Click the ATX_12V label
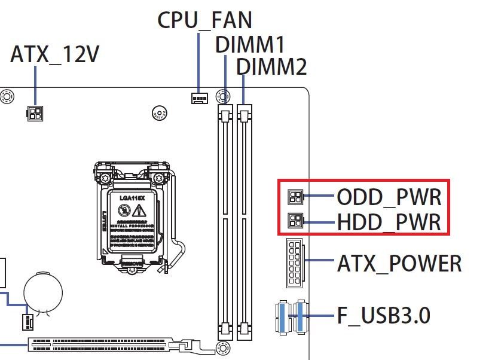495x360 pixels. [x=54, y=55]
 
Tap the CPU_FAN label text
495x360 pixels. [x=204, y=20]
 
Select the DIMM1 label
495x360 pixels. [x=250, y=44]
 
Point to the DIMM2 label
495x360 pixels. [x=271, y=66]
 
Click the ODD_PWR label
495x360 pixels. [x=389, y=197]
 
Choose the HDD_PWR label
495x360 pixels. [x=389, y=222]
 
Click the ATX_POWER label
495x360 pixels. [x=399, y=263]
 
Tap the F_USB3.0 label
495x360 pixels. [x=383, y=316]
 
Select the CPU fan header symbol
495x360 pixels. [x=198, y=97]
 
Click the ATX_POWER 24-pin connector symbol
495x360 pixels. [x=295, y=263]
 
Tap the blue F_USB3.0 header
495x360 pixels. [x=292, y=316]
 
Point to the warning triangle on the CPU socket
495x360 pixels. [x=139, y=210]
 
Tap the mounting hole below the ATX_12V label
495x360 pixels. [x=7, y=96]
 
